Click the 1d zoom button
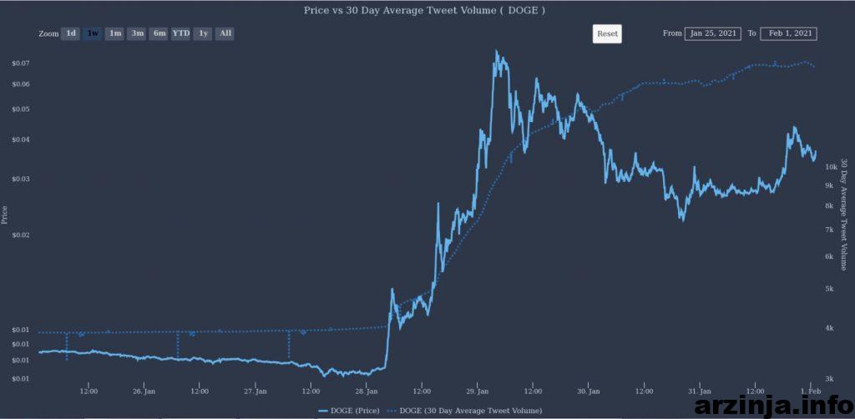point(71,33)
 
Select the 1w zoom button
point(94,33)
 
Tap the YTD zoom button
point(181,33)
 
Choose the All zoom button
point(225,33)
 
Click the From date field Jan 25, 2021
point(713,33)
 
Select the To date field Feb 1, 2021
point(788,33)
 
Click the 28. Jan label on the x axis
point(367,391)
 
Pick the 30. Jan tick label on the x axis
point(589,391)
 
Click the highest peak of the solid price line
point(496,51)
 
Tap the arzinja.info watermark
point(774,406)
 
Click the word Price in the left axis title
point(5,215)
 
